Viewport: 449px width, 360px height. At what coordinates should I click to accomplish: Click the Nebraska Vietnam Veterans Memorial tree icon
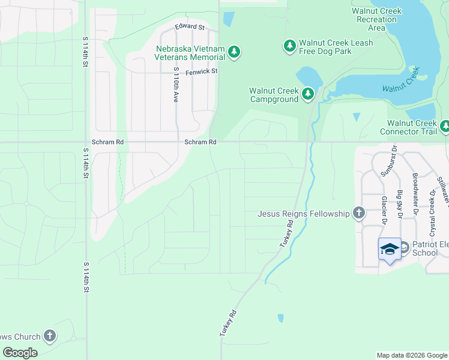pos(234,53)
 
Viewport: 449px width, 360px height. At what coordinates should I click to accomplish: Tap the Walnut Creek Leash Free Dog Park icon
pos(290,46)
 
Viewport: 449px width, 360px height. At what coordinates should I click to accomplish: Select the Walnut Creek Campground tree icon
pos(308,94)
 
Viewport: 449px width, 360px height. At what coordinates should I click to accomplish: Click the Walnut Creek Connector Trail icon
pos(445,126)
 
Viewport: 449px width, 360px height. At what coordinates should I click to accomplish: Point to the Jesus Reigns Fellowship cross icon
pos(358,212)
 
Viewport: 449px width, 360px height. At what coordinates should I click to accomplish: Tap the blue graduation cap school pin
pos(389,248)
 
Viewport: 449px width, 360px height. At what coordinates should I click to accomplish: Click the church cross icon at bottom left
pos(50,336)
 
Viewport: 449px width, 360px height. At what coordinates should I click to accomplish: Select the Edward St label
pos(190,27)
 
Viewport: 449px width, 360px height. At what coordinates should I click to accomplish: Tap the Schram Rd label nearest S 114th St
pos(112,142)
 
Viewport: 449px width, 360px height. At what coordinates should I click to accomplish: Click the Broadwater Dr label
pos(415,194)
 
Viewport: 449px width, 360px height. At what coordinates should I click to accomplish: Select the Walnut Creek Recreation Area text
pos(377,19)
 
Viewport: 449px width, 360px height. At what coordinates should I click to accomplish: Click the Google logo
pos(20,352)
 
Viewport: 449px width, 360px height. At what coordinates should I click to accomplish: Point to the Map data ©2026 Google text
pos(411,355)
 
